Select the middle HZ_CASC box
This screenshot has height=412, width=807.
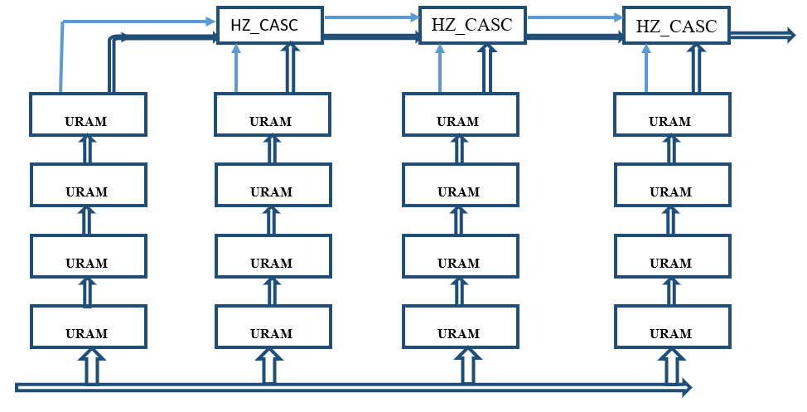[471, 26]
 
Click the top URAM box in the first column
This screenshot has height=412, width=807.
[88, 114]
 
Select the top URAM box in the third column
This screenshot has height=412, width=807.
[458, 114]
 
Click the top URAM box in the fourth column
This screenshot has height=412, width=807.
[670, 114]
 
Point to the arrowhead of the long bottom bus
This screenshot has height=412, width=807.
[684, 386]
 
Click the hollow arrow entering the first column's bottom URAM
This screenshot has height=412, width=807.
[90, 365]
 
